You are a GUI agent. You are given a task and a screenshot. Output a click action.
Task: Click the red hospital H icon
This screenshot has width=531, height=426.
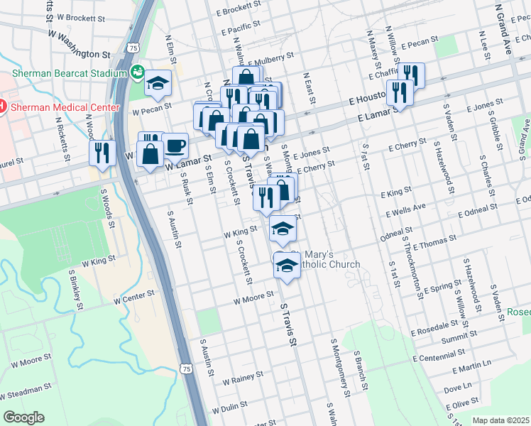(x=1, y=107)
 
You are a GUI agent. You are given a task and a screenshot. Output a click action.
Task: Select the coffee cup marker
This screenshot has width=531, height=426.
(x=175, y=147)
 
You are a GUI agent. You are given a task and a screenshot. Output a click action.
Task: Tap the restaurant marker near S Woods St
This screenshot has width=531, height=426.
(x=102, y=153)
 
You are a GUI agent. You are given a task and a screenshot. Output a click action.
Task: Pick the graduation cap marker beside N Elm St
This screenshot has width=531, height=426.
(x=158, y=84)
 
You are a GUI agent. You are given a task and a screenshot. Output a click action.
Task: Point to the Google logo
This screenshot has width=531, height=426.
(x=23, y=417)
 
